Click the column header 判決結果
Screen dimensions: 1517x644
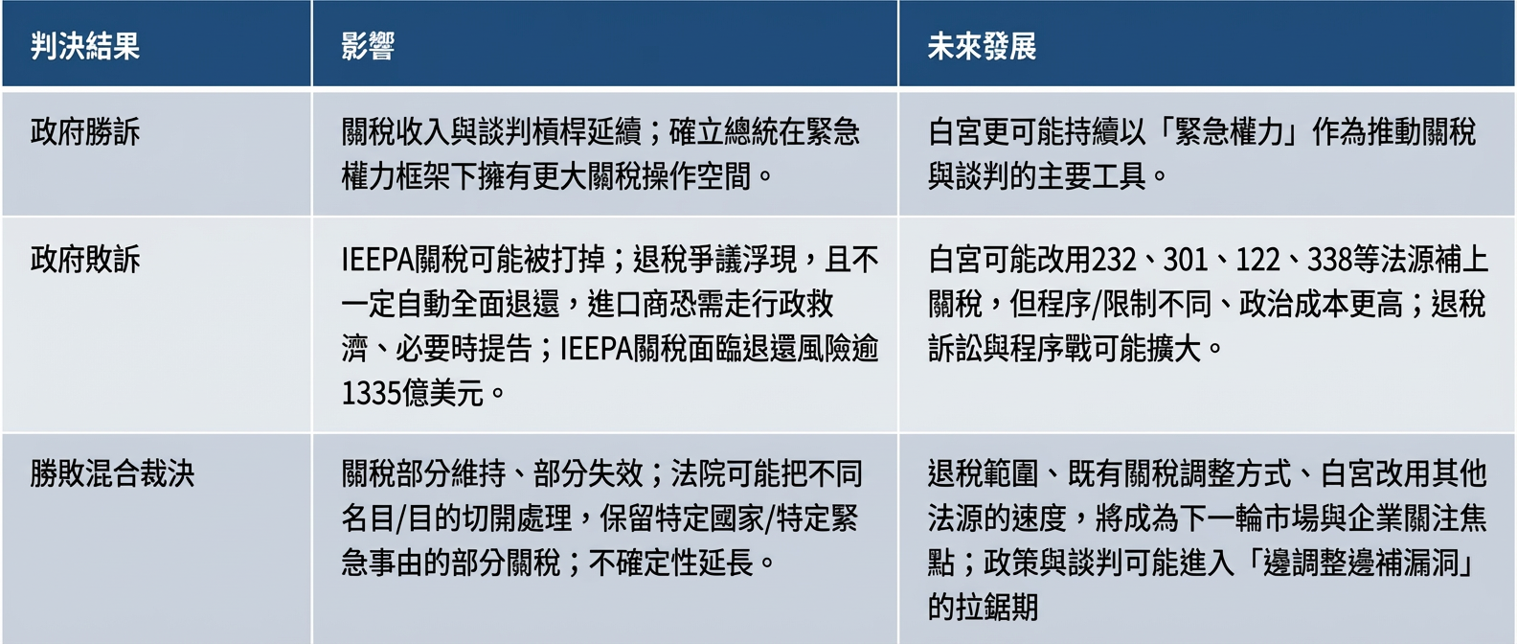click(85, 47)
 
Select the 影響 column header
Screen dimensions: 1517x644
click(368, 47)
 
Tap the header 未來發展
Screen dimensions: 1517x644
click(982, 47)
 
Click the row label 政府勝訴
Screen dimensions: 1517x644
click(85, 131)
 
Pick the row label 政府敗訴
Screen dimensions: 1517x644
click(85, 260)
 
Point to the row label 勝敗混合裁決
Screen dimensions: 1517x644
click(112, 473)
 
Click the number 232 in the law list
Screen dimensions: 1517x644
click(1113, 260)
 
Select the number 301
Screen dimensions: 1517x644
click(1186, 260)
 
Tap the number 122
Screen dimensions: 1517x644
click(1258, 260)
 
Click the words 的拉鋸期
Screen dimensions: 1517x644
click(983, 607)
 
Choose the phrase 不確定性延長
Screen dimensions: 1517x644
click(671, 563)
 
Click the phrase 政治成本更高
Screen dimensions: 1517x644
click(1321, 305)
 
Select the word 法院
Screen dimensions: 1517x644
click(698, 473)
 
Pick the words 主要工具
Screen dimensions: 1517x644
click(1092, 176)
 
